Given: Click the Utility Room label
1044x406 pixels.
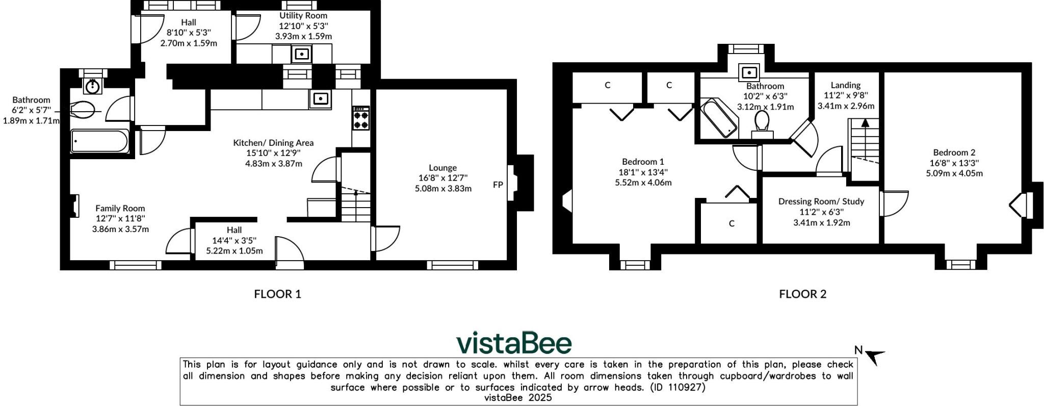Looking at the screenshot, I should (303, 16).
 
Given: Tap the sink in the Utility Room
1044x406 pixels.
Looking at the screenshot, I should (302, 54).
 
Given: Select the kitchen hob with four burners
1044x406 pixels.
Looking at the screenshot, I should (361, 118).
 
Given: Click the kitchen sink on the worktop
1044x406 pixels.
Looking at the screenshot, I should (320, 98).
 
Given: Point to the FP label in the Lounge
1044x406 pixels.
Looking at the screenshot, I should (498, 185).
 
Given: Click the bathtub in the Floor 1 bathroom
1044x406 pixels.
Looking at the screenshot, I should (99, 141).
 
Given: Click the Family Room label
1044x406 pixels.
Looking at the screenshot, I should (120, 208).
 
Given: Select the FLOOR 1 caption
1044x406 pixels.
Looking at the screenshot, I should (277, 294).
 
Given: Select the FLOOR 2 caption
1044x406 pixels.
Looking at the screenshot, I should (802, 294).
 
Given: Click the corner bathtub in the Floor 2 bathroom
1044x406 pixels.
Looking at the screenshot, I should (719, 118).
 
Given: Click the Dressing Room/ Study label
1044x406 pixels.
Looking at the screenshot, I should (821, 201).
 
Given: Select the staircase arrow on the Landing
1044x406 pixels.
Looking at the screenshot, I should (865, 123).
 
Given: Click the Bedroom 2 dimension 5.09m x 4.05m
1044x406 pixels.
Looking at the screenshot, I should (954, 173).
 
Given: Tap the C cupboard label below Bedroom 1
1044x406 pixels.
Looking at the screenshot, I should (732, 223).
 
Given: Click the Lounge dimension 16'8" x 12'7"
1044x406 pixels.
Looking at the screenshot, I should (442, 178).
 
